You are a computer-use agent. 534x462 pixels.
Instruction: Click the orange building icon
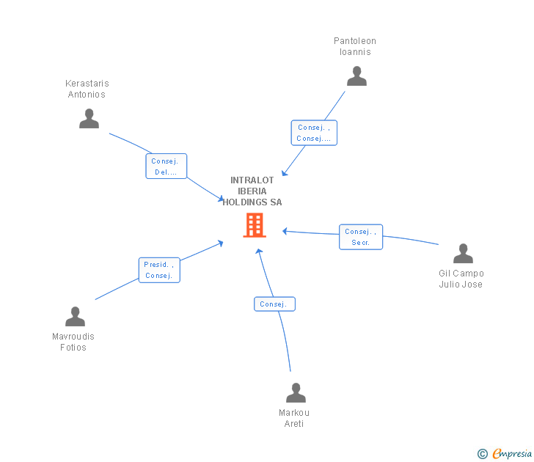coord(255,225)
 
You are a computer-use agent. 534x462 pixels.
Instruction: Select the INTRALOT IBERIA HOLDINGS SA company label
coord(252,191)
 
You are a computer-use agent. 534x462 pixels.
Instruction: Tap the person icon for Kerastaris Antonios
coord(89,119)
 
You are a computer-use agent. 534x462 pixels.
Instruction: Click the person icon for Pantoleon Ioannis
coord(356,76)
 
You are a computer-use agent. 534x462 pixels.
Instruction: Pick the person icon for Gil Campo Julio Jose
coord(463,254)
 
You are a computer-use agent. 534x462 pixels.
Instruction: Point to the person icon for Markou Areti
coord(296,393)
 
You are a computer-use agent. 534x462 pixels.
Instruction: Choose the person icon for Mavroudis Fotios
coord(75,317)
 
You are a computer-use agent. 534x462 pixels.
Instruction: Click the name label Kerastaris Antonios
coord(87,89)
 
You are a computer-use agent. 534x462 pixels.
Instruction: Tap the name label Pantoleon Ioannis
coord(355,46)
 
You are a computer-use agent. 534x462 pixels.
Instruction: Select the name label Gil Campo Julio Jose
coord(461,279)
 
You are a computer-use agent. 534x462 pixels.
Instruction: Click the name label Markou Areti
coord(294,418)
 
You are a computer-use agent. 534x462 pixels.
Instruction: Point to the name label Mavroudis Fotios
coord(73,342)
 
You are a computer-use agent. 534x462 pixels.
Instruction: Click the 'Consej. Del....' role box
coord(166,166)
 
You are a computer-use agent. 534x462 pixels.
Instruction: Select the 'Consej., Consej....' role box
coord(314,133)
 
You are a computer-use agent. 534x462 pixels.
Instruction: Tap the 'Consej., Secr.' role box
coord(360,237)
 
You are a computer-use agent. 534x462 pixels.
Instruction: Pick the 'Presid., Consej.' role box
coord(159,270)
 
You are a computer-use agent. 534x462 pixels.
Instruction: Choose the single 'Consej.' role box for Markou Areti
coord(274,304)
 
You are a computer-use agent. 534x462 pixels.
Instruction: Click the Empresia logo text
coord(511,454)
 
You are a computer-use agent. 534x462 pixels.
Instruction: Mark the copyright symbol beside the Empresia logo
coord(482,455)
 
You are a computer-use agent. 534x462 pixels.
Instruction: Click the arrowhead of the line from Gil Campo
coord(285,231)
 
